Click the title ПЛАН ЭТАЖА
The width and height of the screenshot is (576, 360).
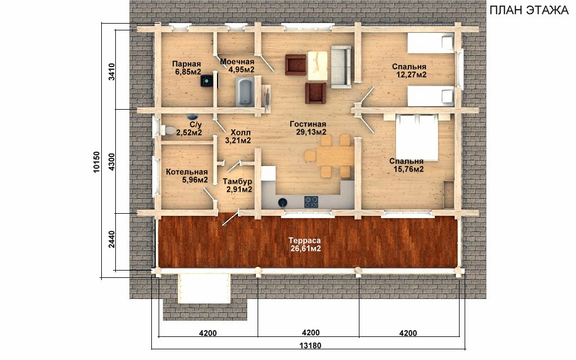[x=529, y=10]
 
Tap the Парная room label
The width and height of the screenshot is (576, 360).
[x=187, y=64]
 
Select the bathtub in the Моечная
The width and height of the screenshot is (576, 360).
[x=244, y=92]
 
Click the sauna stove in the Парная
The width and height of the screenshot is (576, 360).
[x=207, y=81]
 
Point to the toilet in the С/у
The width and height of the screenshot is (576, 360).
[x=168, y=130]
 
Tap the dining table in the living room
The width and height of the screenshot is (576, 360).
[x=335, y=156]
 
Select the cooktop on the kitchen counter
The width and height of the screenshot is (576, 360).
[x=311, y=202]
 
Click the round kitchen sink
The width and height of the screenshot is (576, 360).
[x=282, y=202]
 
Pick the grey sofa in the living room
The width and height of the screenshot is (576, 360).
[x=341, y=66]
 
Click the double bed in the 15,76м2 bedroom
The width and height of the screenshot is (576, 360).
[x=417, y=137]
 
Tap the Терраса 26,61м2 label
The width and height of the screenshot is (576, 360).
[x=304, y=245]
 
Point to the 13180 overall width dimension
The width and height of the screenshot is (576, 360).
[x=310, y=346]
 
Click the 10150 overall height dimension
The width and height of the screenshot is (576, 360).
[x=96, y=162]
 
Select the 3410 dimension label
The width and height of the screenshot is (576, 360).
[x=112, y=72]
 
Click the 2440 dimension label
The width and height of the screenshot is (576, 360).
[x=112, y=239]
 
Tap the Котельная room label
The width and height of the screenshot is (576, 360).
[x=187, y=172]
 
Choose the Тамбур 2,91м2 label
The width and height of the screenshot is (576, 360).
[x=237, y=186]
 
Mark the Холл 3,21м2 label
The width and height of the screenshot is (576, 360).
[x=238, y=136]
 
